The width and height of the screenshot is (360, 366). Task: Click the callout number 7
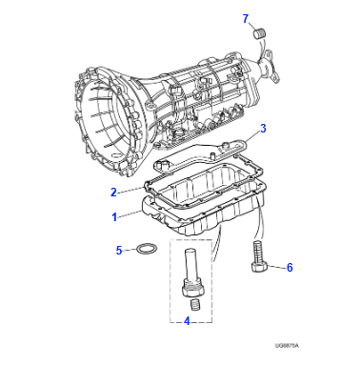click(245, 18)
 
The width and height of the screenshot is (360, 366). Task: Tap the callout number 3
click(264, 128)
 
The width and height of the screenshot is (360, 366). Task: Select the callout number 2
click(112, 192)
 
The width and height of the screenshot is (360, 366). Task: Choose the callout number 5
click(119, 252)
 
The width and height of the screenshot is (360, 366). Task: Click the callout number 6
click(290, 269)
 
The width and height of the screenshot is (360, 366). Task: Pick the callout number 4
click(187, 321)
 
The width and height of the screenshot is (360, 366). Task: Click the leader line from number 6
click(277, 268)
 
